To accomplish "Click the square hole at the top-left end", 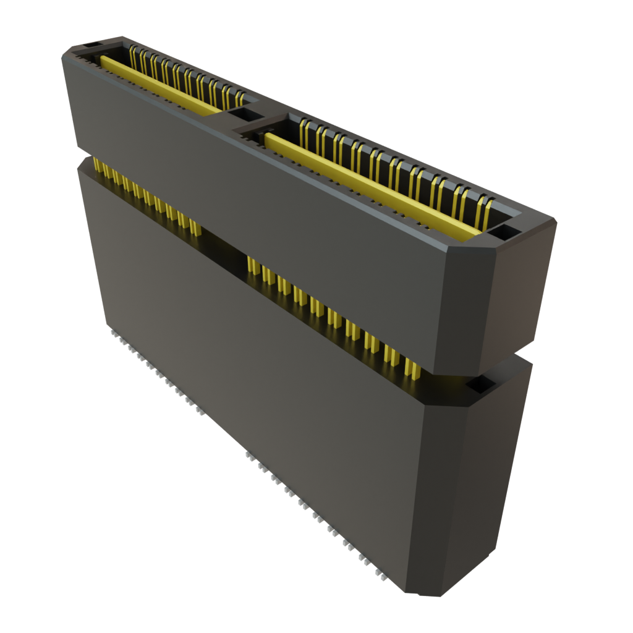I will [x=91, y=46].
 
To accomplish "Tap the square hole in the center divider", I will [x=246, y=114].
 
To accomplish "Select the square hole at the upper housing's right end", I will [x=504, y=232].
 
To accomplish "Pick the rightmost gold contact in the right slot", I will [x=488, y=211].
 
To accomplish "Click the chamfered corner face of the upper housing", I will [x=470, y=309].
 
